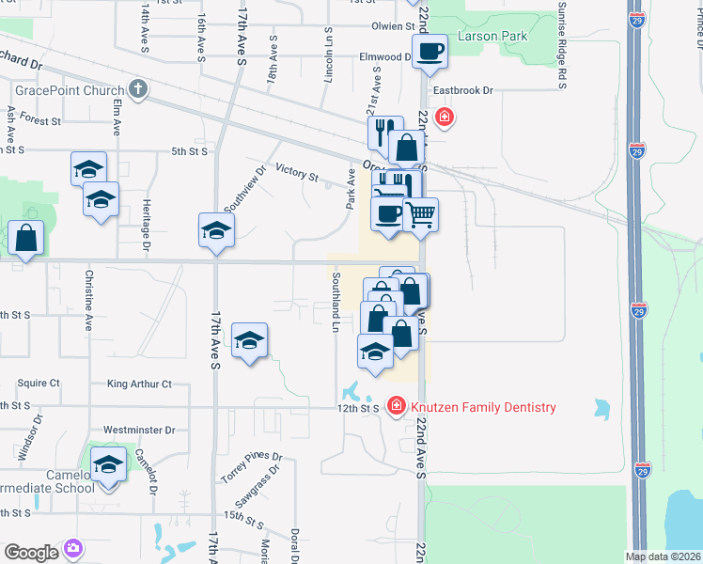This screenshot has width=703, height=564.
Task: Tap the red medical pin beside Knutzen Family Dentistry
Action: click(x=397, y=406)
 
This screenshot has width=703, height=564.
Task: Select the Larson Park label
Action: click(x=492, y=37)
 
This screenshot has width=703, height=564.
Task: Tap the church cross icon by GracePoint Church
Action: click(x=138, y=89)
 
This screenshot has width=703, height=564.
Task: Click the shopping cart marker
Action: click(x=421, y=215)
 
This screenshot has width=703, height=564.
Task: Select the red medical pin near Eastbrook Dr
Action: click(x=444, y=117)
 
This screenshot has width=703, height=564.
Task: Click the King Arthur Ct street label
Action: click(x=139, y=384)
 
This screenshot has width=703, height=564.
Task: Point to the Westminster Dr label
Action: click(x=139, y=430)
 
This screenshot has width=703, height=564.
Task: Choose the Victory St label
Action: click(x=297, y=173)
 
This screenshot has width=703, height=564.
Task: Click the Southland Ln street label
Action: click(x=335, y=303)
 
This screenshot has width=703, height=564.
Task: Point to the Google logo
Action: click(x=31, y=552)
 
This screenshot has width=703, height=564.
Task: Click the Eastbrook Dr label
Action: click(x=462, y=91)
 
